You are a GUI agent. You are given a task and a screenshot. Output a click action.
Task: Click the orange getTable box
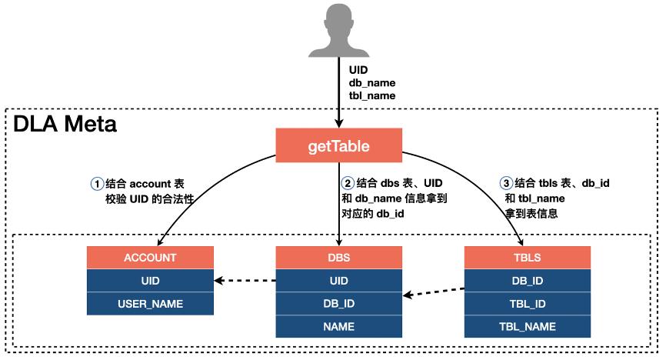click(x=338, y=145)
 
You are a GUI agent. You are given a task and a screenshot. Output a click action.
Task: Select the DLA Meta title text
click(x=65, y=124)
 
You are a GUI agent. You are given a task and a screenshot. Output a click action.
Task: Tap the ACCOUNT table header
click(x=150, y=258)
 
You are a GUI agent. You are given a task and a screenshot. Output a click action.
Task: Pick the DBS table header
click(x=339, y=258)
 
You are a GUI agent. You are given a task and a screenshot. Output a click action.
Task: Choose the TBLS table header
click(x=528, y=258)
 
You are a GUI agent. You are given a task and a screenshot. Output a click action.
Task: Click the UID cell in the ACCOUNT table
click(x=150, y=281)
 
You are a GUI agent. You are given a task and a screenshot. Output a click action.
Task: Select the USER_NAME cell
click(x=150, y=304)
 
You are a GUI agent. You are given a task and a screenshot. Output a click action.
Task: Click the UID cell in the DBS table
click(x=339, y=281)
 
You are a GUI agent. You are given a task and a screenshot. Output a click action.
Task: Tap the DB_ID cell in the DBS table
click(x=339, y=304)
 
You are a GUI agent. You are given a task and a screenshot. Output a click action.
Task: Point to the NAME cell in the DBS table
click(x=339, y=327)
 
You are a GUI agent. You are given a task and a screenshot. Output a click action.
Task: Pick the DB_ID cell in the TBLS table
click(x=528, y=281)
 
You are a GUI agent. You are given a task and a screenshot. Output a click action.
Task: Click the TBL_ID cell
click(x=528, y=304)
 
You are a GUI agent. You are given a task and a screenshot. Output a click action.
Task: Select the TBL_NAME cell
click(x=528, y=327)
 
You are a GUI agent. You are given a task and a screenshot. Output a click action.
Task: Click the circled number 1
click(x=97, y=184)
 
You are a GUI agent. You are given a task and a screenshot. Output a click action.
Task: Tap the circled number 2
click(x=348, y=184)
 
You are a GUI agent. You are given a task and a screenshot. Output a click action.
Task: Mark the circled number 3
click(x=505, y=184)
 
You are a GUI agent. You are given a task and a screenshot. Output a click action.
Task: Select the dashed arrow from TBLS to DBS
click(x=434, y=292)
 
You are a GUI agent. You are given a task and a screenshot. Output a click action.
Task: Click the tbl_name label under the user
click(x=372, y=95)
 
